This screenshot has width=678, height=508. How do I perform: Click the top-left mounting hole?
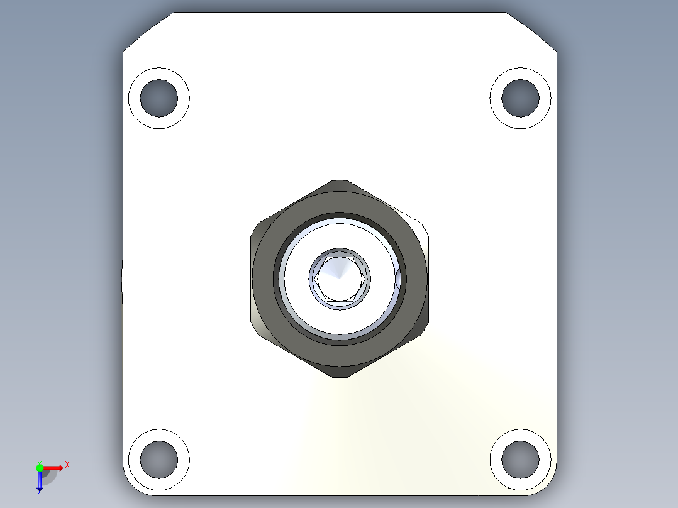[159, 97]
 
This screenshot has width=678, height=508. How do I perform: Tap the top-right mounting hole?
[521, 97]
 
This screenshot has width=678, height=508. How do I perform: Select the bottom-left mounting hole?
[158, 459]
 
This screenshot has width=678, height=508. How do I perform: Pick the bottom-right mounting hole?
[521, 459]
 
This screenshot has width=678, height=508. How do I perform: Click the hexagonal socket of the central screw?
[339, 278]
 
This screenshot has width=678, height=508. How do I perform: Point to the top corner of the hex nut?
[339, 182]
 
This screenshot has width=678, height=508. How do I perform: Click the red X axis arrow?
[54, 467]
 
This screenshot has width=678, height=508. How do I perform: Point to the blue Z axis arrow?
[40, 482]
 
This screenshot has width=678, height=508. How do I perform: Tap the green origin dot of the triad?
[40, 467]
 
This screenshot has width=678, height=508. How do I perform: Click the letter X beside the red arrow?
[67, 465]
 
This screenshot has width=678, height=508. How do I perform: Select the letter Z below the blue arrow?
[39, 493]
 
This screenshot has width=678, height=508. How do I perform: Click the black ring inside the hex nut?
[339, 215]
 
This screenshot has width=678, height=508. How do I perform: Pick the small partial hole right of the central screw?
[397, 279]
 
